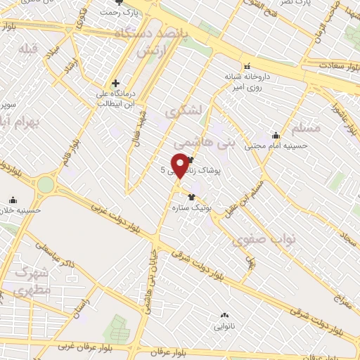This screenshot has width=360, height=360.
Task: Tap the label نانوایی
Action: tap(224, 326)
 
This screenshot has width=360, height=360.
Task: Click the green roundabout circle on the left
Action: tap(46, 185)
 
